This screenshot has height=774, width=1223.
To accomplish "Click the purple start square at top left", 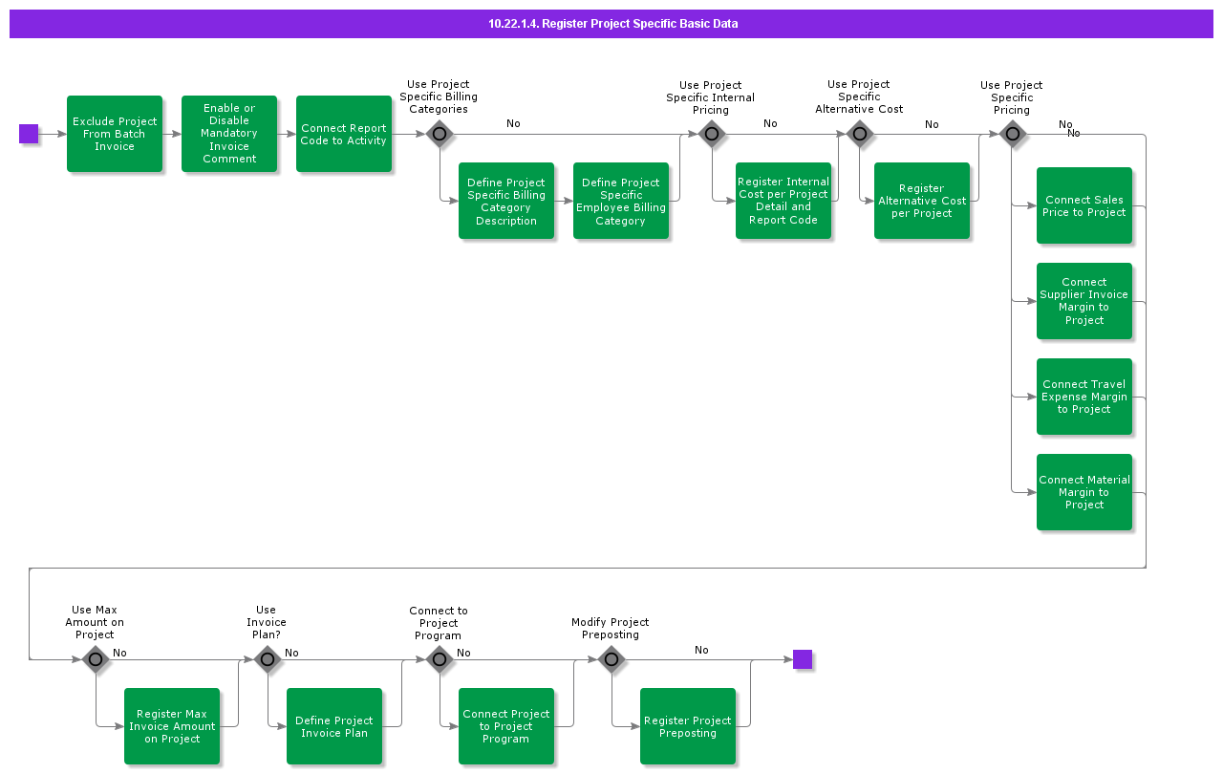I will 29,134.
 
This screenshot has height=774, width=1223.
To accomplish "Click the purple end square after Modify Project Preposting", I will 803,659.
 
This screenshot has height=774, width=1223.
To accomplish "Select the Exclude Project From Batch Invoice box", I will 115,134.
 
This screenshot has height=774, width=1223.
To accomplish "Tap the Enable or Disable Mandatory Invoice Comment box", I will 229,134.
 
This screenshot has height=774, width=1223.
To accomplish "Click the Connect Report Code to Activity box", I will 344,134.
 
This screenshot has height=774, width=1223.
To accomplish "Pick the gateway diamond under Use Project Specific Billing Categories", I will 440,134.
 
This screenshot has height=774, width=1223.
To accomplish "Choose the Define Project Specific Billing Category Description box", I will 506,201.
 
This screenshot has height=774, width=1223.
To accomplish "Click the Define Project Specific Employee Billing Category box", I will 621,201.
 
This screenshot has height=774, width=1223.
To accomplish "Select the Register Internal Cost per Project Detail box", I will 783,201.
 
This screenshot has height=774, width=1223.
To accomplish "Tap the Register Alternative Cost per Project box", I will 922,201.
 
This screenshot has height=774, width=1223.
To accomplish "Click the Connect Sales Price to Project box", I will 1084,205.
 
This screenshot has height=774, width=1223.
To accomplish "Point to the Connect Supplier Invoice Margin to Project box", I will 1084,301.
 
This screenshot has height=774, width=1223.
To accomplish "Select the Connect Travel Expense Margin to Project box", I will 1084,397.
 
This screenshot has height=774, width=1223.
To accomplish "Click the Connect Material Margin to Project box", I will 1084,492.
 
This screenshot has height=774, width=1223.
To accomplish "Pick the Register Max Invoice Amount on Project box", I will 172,726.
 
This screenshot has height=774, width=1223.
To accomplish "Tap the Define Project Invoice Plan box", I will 334,726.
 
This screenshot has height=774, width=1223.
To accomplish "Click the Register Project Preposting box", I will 688,726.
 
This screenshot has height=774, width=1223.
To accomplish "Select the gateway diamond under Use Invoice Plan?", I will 268,659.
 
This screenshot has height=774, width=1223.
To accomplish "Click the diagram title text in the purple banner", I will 612,24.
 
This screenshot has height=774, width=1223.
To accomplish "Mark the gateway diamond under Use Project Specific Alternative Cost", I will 860,134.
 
